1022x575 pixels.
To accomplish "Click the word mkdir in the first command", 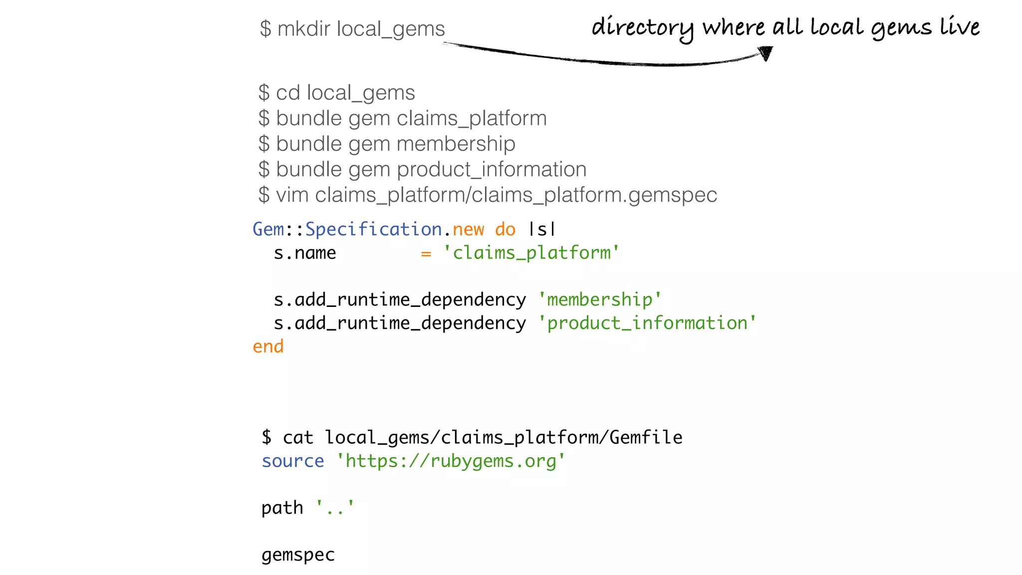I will (304, 29).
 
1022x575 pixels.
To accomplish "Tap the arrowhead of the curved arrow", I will (766, 52).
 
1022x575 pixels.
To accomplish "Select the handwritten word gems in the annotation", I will (901, 28).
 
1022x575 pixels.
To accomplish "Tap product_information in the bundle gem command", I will (492, 169).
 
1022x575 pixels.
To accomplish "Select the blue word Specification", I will (373, 229).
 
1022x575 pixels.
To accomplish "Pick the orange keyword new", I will (468, 229).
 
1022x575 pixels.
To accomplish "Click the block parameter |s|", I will (542, 229).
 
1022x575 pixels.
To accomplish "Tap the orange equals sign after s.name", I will (426, 253).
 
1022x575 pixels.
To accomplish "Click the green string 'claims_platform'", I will (531, 253).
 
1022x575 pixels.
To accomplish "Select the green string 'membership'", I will (600, 299).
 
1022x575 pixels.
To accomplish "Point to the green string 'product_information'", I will (647, 323).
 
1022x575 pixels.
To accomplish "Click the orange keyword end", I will (268, 346).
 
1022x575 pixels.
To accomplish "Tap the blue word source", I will (293, 461).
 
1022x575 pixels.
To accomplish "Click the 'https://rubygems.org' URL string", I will (451, 461).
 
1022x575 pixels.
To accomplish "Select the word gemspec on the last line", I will (298, 555).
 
